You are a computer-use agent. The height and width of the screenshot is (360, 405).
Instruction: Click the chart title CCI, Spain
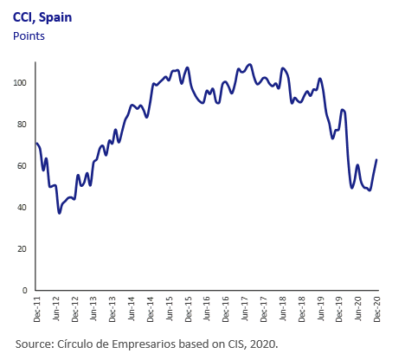click(x=42, y=17)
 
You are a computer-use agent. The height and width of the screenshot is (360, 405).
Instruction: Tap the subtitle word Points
click(x=29, y=36)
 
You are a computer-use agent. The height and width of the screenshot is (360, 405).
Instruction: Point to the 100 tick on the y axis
click(x=20, y=83)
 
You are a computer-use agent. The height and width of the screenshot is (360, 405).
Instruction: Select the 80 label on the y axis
click(x=22, y=125)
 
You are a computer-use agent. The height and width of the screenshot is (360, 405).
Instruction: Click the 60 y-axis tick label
click(x=22, y=166)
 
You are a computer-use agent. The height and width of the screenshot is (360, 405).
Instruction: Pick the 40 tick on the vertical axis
click(x=22, y=208)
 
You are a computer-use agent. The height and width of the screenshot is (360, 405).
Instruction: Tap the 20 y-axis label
click(x=22, y=249)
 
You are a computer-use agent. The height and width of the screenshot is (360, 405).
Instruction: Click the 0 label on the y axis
click(x=24, y=291)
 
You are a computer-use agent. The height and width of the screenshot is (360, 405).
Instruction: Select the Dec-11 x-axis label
click(x=37, y=309)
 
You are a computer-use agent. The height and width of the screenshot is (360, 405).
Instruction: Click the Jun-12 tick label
click(x=56, y=309)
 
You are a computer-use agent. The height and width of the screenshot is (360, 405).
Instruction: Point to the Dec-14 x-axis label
click(x=151, y=309)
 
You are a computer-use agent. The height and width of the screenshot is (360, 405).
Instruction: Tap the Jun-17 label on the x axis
click(x=245, y=309)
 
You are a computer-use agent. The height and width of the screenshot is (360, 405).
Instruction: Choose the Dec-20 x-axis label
click(x=377, y=309)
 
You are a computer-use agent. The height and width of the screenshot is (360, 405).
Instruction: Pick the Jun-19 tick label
click(x=320, y=309)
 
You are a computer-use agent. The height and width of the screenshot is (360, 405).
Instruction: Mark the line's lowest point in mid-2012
click(x=60, y=213)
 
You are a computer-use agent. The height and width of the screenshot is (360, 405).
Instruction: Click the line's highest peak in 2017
click(x=250, y=64)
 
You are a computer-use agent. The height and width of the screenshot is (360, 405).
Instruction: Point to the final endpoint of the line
click(x=376, y=160)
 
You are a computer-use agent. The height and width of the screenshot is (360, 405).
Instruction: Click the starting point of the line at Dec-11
click(x=36, y=143)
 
